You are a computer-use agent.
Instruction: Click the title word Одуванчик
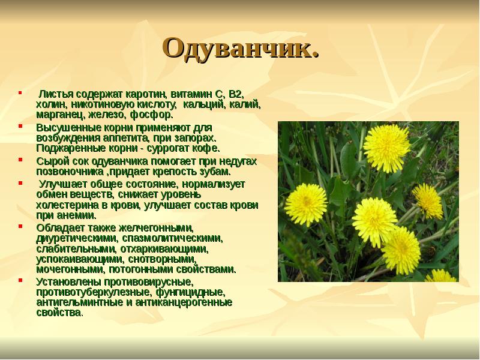tap(240, 48)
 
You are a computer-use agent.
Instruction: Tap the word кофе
tap(208, 147)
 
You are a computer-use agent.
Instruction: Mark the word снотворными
tap(162, 259)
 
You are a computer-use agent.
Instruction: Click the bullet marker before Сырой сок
tap(22, 160)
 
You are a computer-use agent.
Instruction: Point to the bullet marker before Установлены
tap(22, 280)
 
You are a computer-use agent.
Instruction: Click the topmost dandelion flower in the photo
tap(387, 146)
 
